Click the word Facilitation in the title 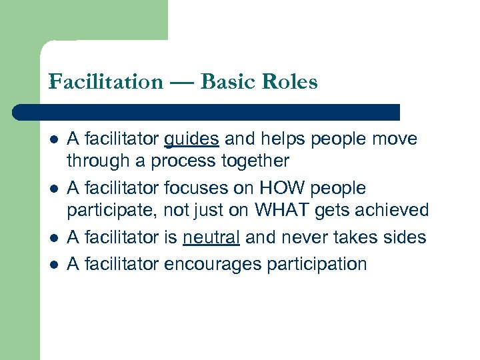[106, 82]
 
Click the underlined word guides [191, 139]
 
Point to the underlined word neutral [211, 237]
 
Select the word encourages [212, 263]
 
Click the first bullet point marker [53, 140]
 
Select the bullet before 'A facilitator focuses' [53, 189]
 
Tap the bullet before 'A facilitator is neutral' [53, 237]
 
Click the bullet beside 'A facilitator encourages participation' [53, 264]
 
